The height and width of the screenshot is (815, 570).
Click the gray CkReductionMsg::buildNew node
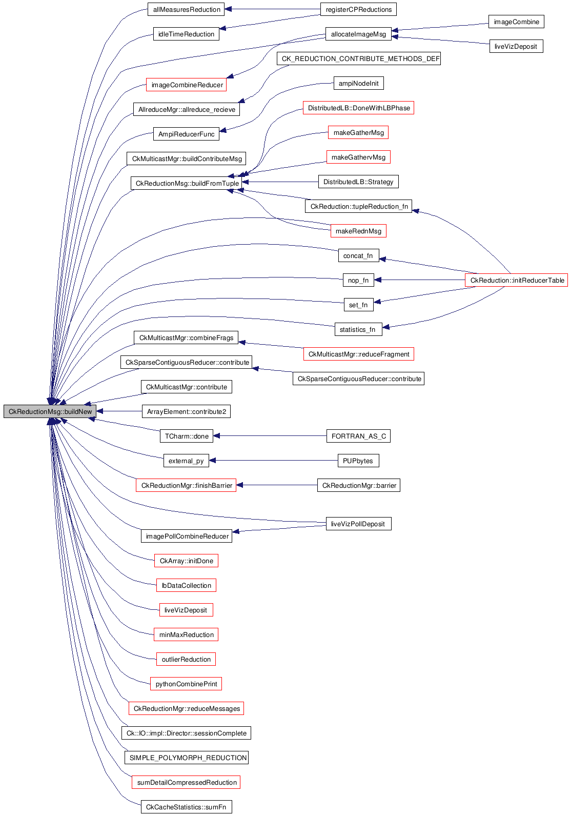(50, 411)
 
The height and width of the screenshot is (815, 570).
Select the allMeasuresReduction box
(186, 9)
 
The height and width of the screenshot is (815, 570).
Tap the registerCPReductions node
(358, 9)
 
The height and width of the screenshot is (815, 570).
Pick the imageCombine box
(516, 22)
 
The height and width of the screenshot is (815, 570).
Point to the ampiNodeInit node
(358, 83)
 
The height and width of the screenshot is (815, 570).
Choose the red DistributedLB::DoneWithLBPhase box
(358, 108)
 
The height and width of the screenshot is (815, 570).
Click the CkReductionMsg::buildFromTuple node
(187, 183)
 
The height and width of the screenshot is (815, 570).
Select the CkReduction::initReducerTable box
(517, 280)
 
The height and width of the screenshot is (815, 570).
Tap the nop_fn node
(358, 280)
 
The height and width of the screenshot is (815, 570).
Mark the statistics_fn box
(358, 329)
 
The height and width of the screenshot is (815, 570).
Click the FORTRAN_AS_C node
(358, 436)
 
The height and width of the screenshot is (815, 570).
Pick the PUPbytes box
(358, 461)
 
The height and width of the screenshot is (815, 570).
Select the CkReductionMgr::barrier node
(359, 485)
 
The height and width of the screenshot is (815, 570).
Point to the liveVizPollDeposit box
(358, 524)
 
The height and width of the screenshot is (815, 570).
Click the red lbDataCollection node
(186, 585)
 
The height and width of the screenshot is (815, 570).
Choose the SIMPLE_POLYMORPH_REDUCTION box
(187, 758)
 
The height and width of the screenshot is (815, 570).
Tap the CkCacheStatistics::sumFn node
(186, 807)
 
